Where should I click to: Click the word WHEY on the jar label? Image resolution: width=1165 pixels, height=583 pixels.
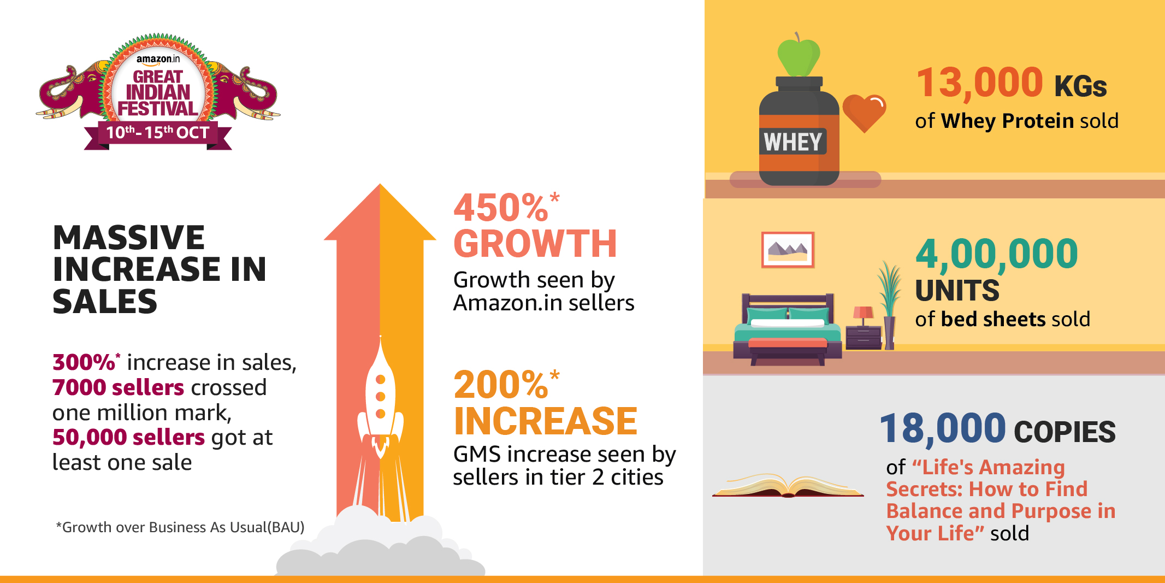(793, 142)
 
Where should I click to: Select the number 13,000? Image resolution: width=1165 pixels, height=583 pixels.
(980, 83)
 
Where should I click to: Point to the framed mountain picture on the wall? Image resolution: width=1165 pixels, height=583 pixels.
(788, 250)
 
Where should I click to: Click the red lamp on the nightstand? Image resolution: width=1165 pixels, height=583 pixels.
(863, 316)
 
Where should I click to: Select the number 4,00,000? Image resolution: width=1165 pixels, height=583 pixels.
(997, 254)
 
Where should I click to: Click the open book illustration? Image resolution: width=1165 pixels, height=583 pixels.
(788, 485)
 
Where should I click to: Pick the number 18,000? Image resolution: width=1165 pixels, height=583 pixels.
(943, 428)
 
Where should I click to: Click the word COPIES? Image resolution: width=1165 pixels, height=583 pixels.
(1065, 432)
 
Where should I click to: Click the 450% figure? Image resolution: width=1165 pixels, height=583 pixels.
(506, 208)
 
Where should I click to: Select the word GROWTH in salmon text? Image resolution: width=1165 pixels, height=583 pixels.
(535, 244)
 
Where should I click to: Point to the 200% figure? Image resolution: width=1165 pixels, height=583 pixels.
(506, 385)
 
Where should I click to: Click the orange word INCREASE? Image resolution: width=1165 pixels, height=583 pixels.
(546, 421)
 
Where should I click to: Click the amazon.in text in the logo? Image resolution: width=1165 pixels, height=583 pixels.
(158, 59)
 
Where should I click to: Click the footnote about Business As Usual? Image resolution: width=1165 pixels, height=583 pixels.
(180, 527)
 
